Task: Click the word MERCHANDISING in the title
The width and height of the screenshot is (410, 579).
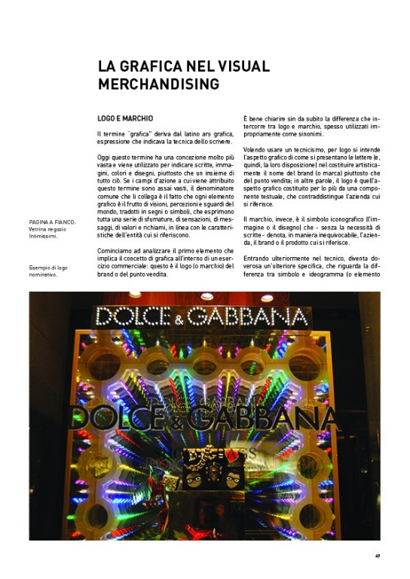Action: click(158, 83)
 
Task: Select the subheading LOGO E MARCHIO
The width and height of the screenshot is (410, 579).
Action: click(125, 119)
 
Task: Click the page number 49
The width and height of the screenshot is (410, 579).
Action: click(377, 557)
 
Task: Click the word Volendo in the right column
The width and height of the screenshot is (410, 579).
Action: click(255, 158)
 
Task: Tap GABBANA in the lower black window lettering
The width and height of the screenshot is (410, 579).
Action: click(260, 417)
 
